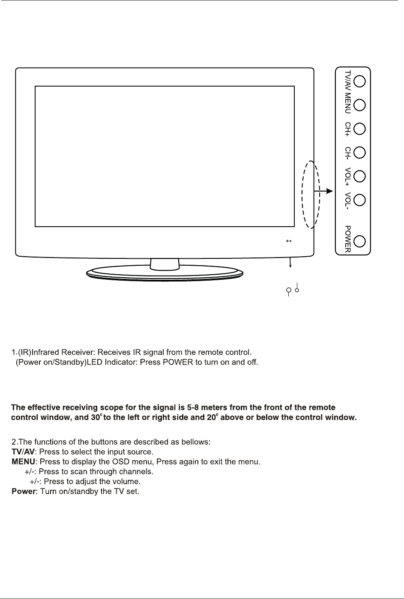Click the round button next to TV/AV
click(360, 81)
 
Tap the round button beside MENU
click(360, 105)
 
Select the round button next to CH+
click(360, 129)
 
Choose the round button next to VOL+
click(360, 176)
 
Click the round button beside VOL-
click(360, 200)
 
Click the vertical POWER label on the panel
click(348, 239)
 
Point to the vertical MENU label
click(348, 104)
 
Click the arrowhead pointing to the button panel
click(329, 191)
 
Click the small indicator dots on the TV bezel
click(289, 241)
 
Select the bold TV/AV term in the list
click(23, 452)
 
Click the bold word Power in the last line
click(24, 491)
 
